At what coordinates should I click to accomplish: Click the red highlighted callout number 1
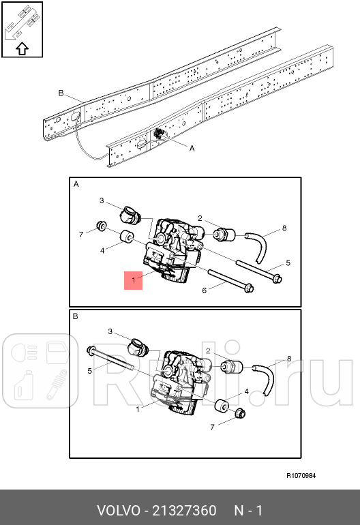click(x=133, y=280)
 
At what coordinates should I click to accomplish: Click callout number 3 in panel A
click(x=101, y=200)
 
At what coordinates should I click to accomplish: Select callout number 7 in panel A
click(x=80, y=235)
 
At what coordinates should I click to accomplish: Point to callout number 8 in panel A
click(x=284, y=228)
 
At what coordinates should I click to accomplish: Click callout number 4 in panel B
click(x=246, y=393)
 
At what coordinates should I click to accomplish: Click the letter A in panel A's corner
click(x=76, y=184)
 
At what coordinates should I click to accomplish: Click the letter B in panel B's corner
click(x=75, y=316)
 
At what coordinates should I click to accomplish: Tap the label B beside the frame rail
click(x=61, y=93)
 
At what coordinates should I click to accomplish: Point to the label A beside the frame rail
click(x=191, y=148)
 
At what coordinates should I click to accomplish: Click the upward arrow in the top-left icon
click(x=21, y=48)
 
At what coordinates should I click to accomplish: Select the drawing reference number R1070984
click(x=301, y=476)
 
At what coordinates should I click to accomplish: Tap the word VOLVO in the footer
click(x=118, y=511)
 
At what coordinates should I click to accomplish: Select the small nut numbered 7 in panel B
click(x=240, y=414)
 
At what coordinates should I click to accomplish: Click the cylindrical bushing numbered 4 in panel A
click(x=126, y=238)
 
